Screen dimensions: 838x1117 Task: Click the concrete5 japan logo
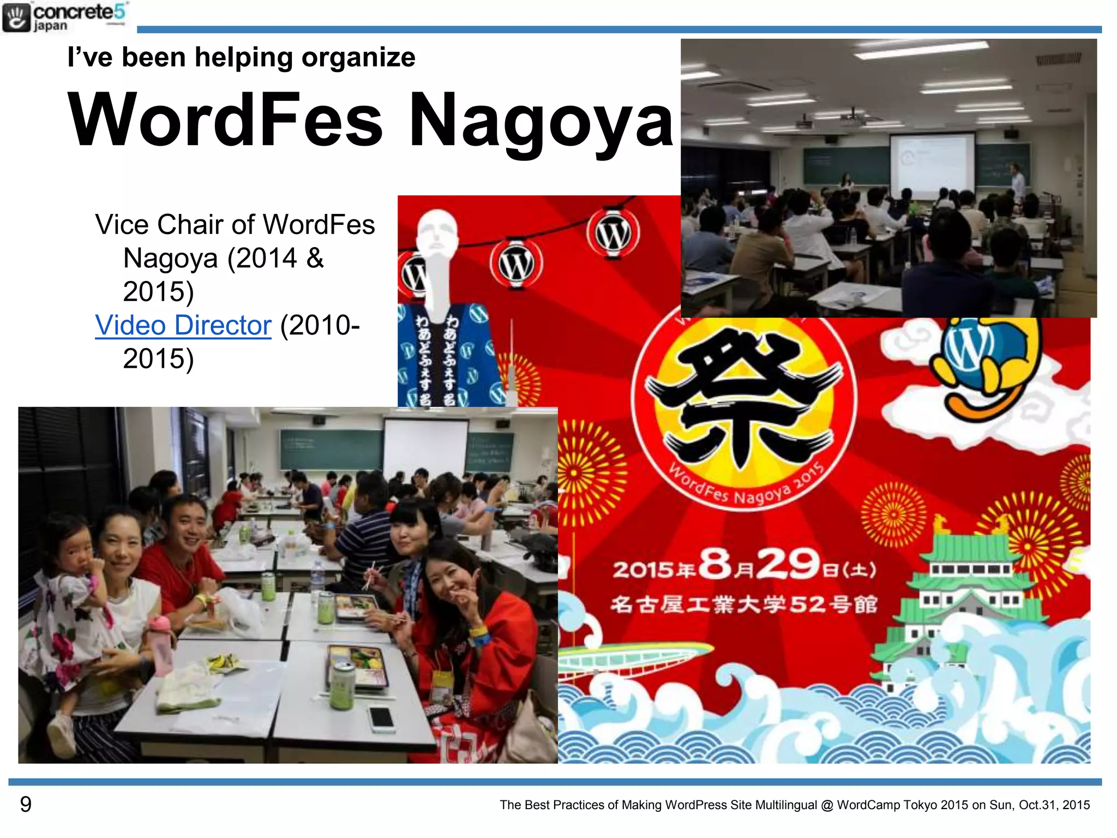click(64, 17)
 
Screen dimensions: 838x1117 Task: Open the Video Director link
click(183, 326)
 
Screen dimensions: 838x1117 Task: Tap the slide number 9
click(26, 804)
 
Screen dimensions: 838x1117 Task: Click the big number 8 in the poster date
click(715, 565)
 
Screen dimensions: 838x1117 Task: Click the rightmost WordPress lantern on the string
click(613, 234)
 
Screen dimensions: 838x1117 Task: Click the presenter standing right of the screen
click(1016, 183)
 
